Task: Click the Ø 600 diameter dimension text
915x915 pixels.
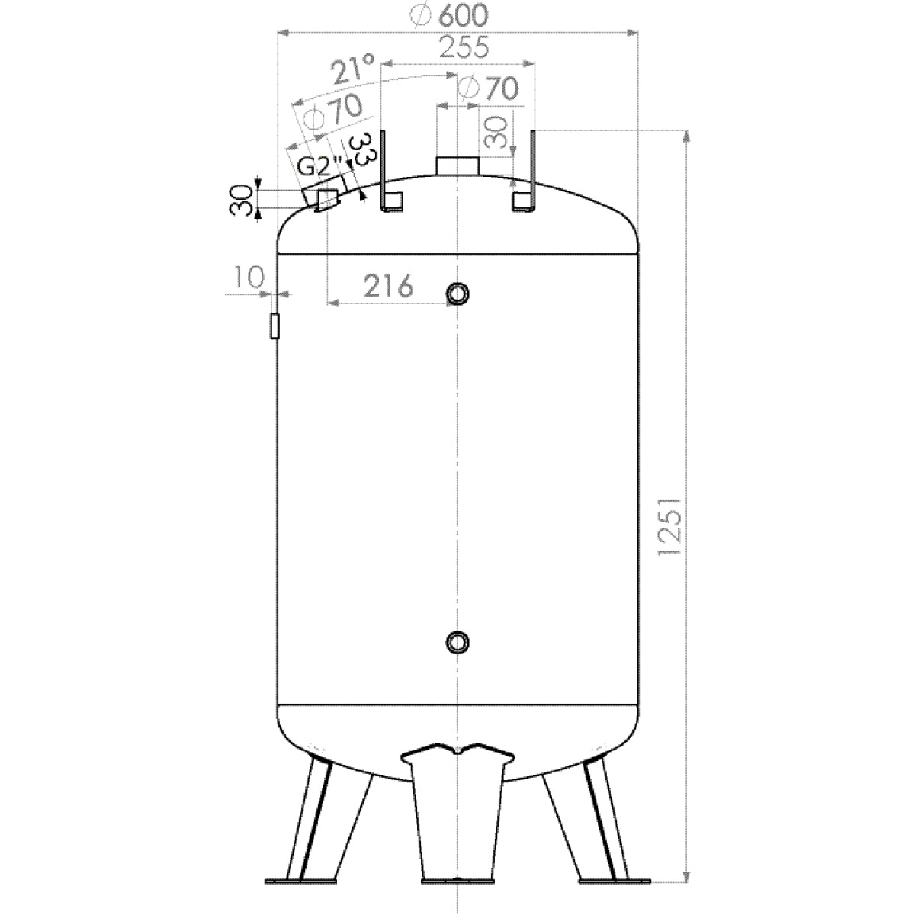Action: point(448,16)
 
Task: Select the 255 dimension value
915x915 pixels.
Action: point(464,47)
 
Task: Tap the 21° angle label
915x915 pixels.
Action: point(353,69)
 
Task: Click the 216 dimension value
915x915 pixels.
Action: point(388,286)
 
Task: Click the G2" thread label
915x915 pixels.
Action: point(319,166)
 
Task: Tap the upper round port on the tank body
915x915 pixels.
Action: point(457,294)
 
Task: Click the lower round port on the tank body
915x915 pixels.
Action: point(457,643)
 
